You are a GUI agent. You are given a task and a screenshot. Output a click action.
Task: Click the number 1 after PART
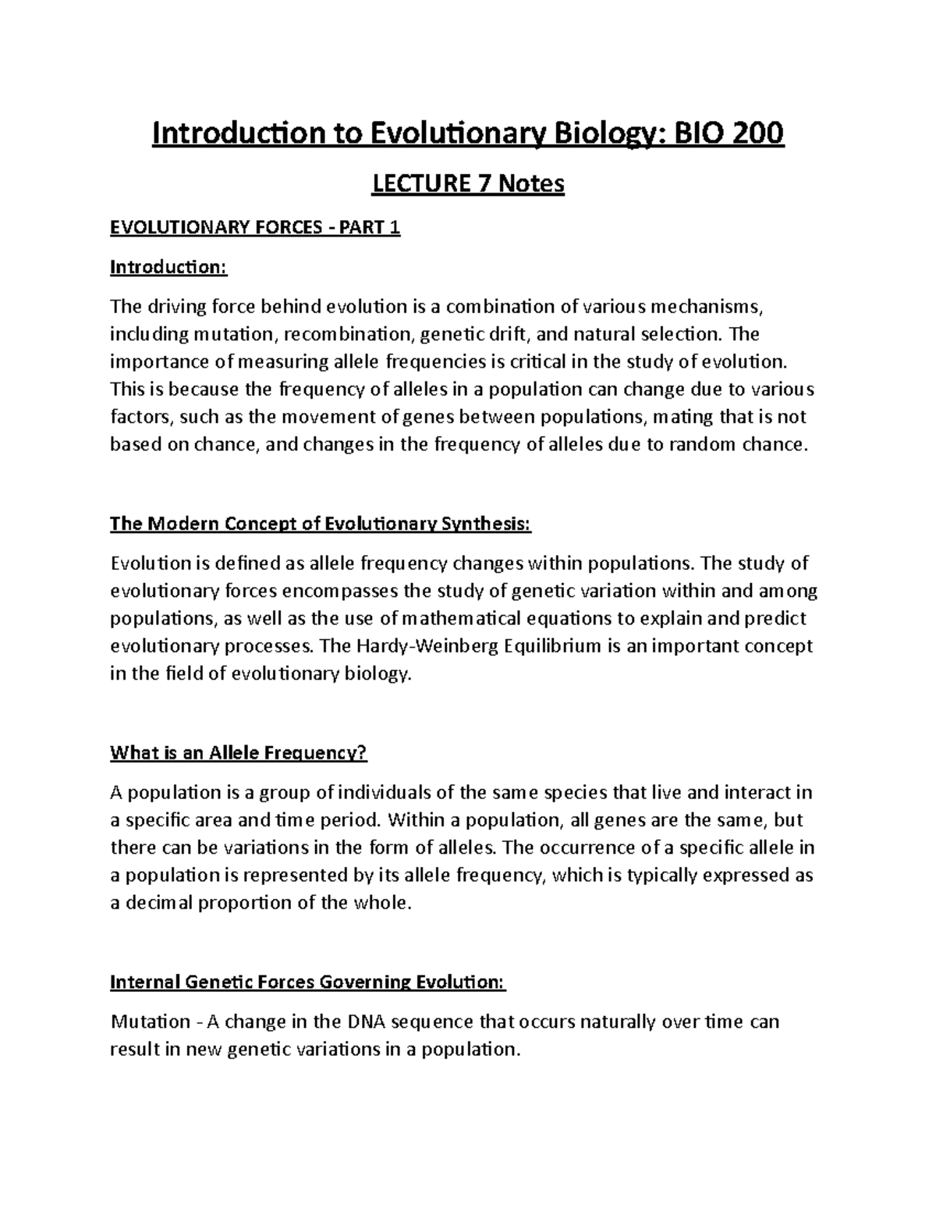click(395, 228)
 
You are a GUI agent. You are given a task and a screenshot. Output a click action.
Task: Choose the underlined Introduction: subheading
click(168, 268)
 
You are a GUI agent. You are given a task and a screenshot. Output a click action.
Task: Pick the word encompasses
click(332, 591)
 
